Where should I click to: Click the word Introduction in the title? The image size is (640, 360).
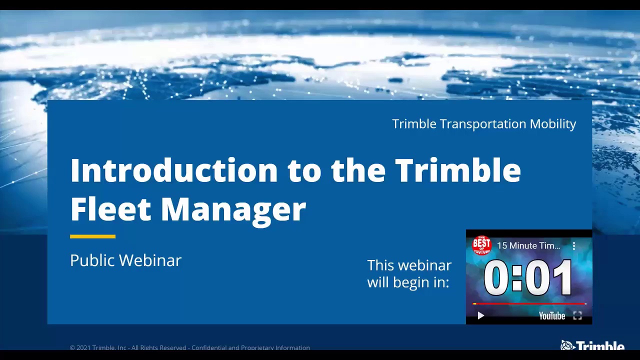(173, 170)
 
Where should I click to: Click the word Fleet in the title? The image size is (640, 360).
(110, 208)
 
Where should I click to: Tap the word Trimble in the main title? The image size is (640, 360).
(457, 170)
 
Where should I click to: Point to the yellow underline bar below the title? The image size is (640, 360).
(92, 236)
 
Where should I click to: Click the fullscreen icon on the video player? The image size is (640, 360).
(577, 315)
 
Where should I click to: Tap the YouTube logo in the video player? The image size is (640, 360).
(551, 316)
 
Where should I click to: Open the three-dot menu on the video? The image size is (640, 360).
(574, 245)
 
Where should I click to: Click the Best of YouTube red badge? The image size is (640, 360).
(481, 244)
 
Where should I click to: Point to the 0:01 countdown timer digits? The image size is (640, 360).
(528, 277)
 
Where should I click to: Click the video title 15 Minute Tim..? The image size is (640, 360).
(528, 245)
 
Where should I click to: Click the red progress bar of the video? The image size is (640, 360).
(528, 303)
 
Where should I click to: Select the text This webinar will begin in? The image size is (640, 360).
(409, 273)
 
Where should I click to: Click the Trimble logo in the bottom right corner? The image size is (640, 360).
(592, 345)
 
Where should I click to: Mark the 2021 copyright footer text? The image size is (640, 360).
(190, 347)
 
